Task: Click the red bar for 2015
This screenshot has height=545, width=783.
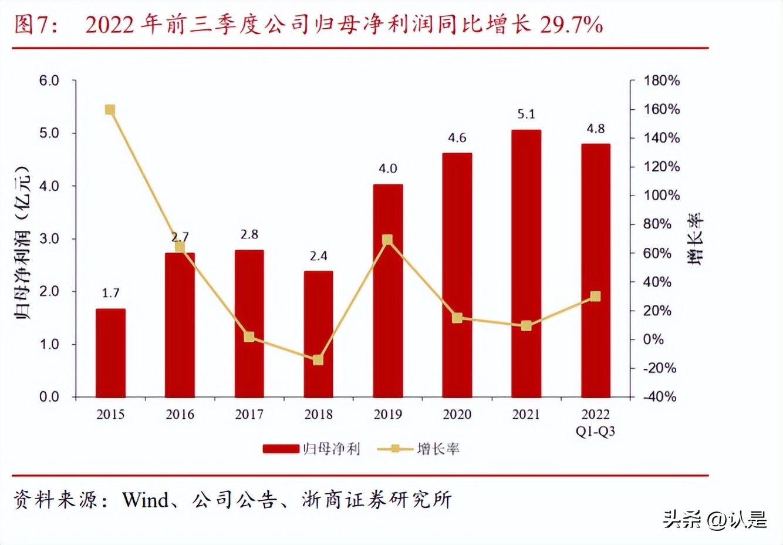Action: [x=110, y=352]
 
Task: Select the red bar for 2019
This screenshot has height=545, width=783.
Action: [x=388, y=291]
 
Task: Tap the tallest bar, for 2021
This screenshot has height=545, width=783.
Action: [x=526, y=263]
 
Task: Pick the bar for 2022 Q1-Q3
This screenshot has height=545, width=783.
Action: [x=595, y=270]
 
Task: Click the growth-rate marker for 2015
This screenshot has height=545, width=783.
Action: [x=110, y=110]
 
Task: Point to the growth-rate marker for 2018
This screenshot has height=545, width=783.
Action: [x=318, y=359]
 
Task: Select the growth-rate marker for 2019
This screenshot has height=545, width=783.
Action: [x=387, y=240]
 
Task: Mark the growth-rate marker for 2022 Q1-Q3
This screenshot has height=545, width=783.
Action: [x=595, y=297]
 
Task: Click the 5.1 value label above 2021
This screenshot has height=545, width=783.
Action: [x=526, y=114]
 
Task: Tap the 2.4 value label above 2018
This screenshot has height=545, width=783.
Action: [x=318, y=256]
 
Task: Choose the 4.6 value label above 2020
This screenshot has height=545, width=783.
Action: [x=457, y=138]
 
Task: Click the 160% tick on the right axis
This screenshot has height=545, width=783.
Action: [x=662, y=109]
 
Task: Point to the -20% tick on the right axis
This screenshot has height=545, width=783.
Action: [x=660, y=368]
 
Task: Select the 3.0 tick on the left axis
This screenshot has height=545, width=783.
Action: [x=49, y=238]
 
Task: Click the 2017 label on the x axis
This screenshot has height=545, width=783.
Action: [x=249, y=415]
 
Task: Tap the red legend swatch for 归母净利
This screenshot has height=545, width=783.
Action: [x=281, y=449]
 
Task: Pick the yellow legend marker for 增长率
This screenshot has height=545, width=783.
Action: [x=395, y=449]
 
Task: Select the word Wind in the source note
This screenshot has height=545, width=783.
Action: [x=146, y=500]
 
